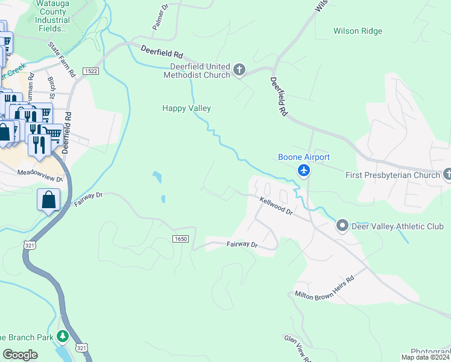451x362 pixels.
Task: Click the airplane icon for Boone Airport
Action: tap(304, 172)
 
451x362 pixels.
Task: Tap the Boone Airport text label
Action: tap(304, 157)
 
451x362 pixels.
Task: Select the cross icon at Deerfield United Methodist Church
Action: tap(239, 71)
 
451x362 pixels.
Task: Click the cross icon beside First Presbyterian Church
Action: tap(447, 175)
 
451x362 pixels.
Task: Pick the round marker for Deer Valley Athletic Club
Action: tap(342, 226)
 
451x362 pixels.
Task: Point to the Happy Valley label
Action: tap(186, 109)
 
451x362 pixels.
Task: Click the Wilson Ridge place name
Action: tap(358, 31)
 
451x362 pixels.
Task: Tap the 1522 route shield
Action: tap(91, 71)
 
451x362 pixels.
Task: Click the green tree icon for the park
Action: tap(62, 336)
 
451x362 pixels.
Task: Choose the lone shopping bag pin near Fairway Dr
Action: tap(48, 199)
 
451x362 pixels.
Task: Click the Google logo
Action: tap(20, 355)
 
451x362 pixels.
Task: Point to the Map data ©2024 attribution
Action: tap(425, 357)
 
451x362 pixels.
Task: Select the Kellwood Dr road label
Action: tap(276, 208)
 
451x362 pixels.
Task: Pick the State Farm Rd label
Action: tap(62, 59)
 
